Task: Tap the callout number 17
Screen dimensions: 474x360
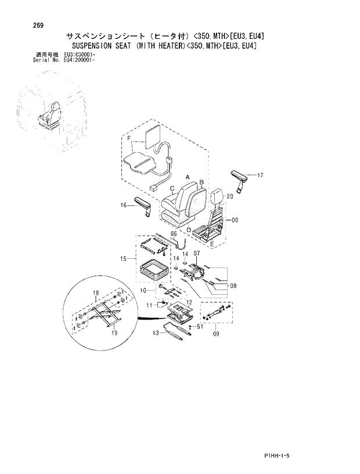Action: (x=260, y=175)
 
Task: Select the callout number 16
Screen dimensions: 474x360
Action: (x=124, y=205)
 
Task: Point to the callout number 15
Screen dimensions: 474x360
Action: (x=123, y=259)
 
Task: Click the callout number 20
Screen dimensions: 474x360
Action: (x=229, y=197)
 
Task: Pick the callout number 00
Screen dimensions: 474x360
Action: (x=235, y=220)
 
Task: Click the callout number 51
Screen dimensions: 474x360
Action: (x=199, y=327)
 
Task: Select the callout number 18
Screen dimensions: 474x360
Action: (x=96, y=294)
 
